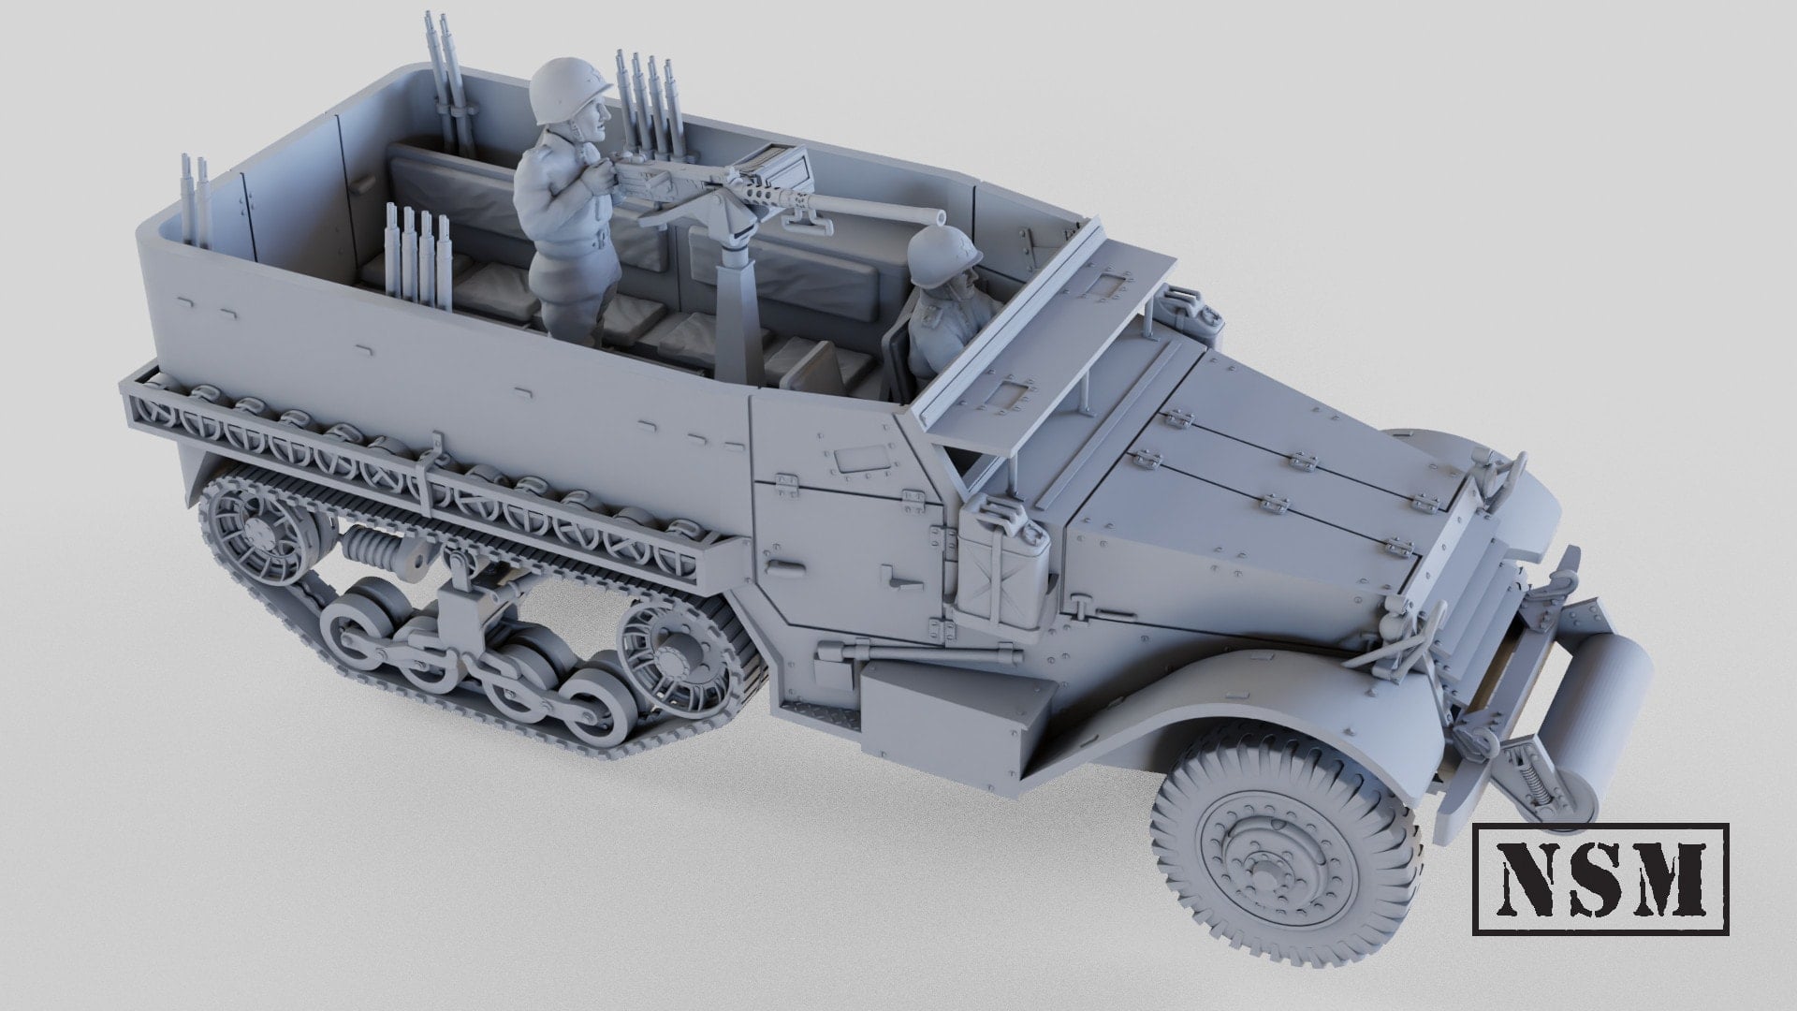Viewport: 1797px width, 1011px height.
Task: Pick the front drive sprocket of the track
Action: (x=671, y=646)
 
